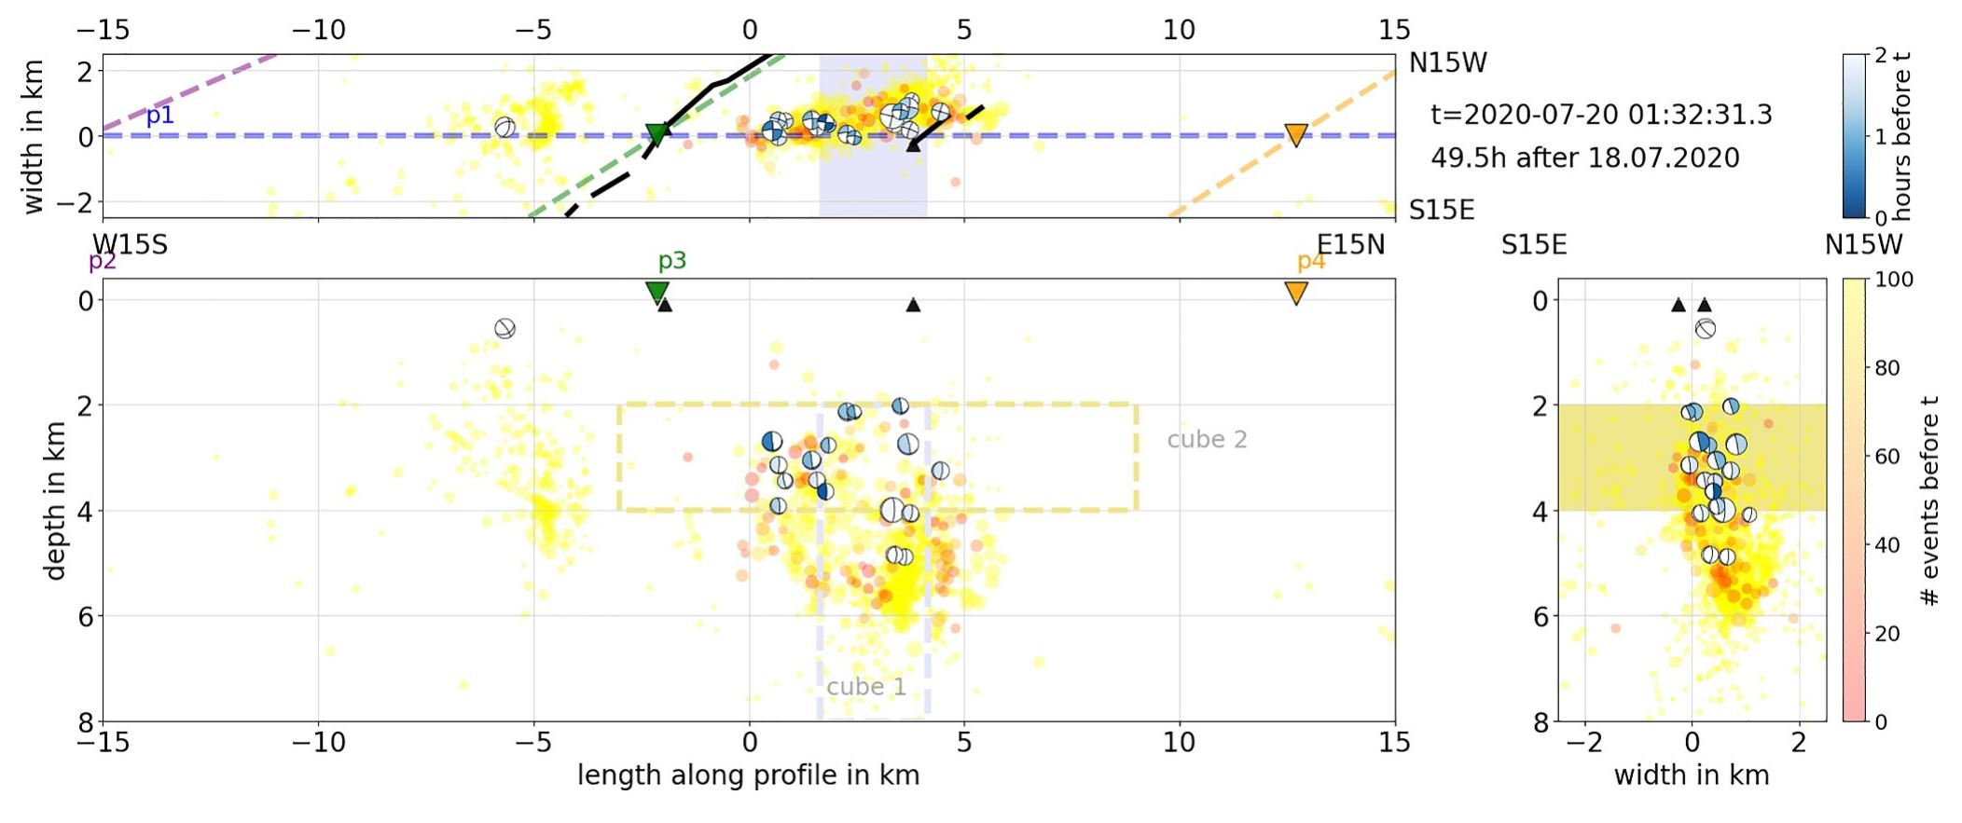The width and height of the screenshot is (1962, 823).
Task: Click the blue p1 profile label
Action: [x=159, y=116]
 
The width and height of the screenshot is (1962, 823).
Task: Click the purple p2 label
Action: [x=102, y=261]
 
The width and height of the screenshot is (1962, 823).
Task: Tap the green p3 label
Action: [x=671, y=260]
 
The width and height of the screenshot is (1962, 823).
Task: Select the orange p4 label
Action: [x=1310, y=261]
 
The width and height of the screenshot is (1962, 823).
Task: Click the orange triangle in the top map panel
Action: [x=1295, y=135]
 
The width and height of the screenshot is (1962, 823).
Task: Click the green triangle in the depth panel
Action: [x=657, y=292]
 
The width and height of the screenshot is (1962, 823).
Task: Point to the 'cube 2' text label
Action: [x=1207, y=439]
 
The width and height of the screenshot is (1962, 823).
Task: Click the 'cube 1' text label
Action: [x=865, y=687]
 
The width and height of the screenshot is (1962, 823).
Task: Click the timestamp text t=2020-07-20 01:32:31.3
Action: [x=1600, y=115]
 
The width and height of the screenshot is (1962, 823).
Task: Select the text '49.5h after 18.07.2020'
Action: [x=1584, y=158]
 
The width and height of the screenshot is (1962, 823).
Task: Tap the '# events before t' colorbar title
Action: [x=1930, y=501]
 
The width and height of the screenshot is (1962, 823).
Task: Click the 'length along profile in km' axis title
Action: [x=748, y=775]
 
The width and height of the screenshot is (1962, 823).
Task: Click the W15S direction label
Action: [x=130, y=244]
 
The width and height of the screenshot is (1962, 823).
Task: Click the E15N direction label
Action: [x=1349, y=244]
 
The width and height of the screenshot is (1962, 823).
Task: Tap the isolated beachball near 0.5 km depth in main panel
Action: [x=504, y=328]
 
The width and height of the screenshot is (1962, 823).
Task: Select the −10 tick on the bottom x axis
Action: [x=318, y=743]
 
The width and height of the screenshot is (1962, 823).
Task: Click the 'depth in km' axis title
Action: [x=55, y=500]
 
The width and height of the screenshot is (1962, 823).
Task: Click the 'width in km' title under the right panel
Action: [x=1691, y=775]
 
